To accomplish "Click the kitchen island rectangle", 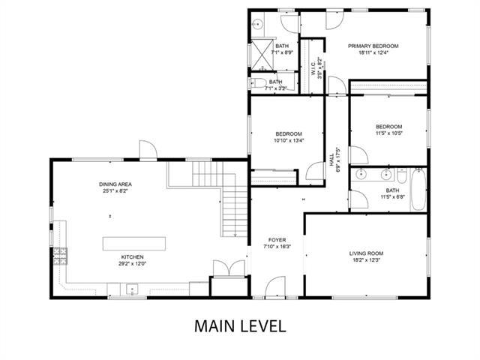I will [x=133, y=244].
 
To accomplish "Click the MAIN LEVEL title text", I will [x=240, y=326].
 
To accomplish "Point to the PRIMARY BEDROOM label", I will [x=373, y=46].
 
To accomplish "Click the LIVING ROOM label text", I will [x=366, y=253].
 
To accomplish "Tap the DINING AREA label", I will [x=115, y=184].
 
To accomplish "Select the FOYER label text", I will [x=277, y=240].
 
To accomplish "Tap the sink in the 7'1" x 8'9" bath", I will [x=255, y=22].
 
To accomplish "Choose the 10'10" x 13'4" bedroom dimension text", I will [x=288, y=140].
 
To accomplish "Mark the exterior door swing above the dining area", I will [x=148, y=151].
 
